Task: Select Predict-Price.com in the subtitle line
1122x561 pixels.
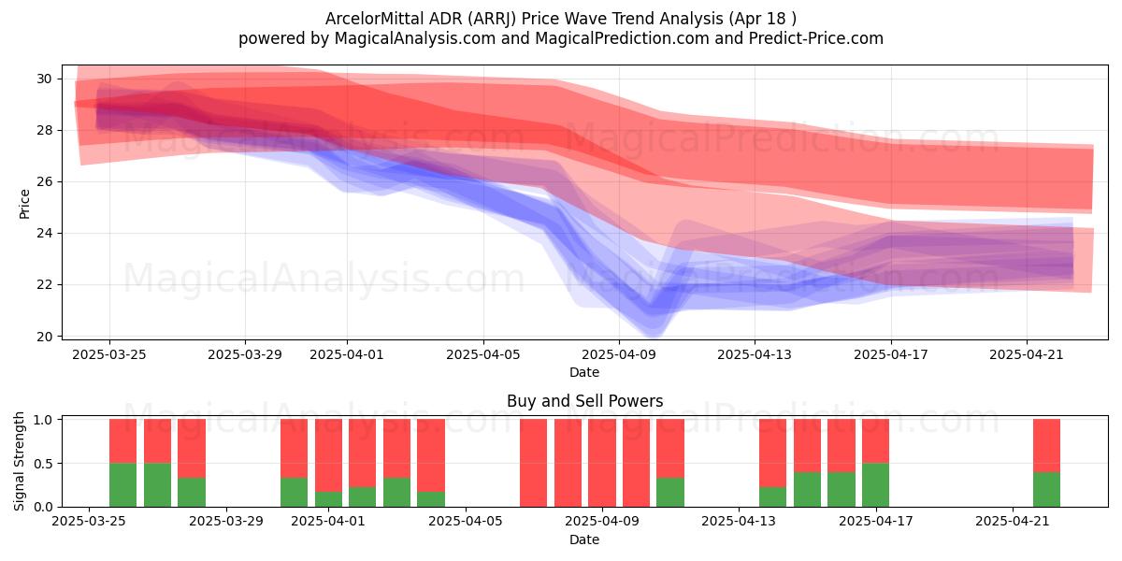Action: click(x=816, y=38)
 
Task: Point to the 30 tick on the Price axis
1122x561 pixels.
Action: click(x=44, y=79)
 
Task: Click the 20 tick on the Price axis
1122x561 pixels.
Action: click(x=44, y=337)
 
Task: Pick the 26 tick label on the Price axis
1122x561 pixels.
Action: click(x=44, y=181)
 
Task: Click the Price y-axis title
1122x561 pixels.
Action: click(x=24, y=204)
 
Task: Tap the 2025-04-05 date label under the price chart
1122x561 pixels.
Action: click(x=483, y=354)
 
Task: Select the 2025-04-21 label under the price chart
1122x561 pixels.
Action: click(x=1027, y=354)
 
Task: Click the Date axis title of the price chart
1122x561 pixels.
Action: click(x=584, y=372)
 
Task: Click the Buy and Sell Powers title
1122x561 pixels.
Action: click(x=584, y=401)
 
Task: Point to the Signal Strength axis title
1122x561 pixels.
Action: click(x=19, y=461)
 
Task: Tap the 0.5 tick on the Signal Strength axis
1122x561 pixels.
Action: click(x=43, y=464)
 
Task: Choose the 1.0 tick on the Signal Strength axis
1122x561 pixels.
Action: click(x=43, y=420)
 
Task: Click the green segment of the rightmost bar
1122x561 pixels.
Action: click(x=1046, y=489)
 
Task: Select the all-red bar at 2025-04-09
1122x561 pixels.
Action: click(x=602, y=463)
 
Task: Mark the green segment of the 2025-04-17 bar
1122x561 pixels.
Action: click(x=875, y=485)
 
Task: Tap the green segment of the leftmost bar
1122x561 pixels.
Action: click(x=122, y=485)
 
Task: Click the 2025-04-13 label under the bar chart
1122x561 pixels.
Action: click(x=739, y=522)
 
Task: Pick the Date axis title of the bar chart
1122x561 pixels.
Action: click(x=584, y=539)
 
